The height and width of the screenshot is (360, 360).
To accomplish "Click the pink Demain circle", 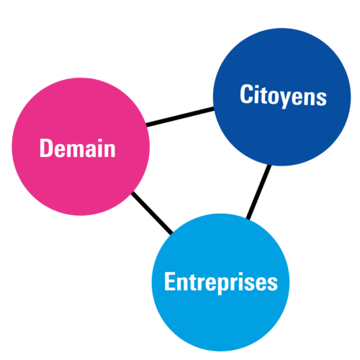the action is pos(81,147).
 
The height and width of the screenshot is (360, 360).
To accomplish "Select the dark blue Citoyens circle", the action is pos(282,97).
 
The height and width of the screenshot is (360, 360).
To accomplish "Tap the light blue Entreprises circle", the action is pos(220,282).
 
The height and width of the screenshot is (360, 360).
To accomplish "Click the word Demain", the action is pos(78,148).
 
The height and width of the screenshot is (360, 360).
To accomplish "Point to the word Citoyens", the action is pos(283,96).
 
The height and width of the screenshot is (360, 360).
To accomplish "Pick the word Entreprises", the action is pos(221,283).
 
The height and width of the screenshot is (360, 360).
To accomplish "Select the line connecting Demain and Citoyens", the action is pos(180,117).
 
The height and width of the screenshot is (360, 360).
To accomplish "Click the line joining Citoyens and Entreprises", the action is pos(259,192).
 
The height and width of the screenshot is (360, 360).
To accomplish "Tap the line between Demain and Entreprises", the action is pos(152,213).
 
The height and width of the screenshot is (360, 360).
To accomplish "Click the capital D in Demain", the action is pos(45,148).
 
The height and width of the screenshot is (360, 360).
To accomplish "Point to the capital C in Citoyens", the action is pos(246,94).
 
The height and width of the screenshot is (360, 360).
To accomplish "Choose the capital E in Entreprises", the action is pos(169,282).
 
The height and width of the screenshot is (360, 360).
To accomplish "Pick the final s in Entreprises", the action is pos(272,284).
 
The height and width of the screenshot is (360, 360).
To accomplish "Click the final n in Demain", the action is pos(109,150).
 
